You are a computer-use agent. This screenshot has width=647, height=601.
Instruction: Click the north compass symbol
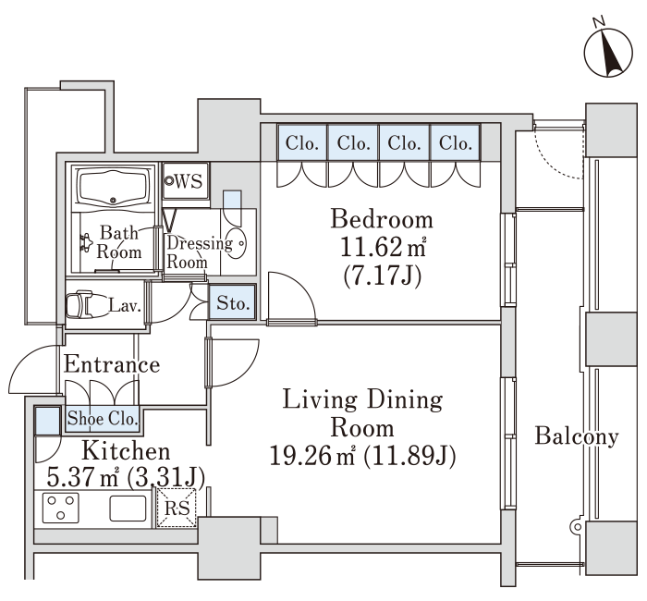click(x=608, y=53)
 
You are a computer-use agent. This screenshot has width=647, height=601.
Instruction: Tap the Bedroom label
click(x=382, y=219)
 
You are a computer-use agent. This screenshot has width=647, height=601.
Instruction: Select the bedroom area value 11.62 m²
click(x=383, y=247)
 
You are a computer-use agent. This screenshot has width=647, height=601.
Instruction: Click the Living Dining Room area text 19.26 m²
click(x=312, y=456)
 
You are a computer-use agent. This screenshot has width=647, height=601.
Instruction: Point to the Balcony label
click(x=577, y=436)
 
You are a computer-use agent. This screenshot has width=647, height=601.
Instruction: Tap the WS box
click(x=186, y=181)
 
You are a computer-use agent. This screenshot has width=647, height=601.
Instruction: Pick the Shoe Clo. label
click(x=103, y=419)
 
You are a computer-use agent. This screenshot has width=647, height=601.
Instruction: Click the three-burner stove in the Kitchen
click(x=61, y=508)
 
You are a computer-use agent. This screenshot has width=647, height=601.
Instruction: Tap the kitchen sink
click(x=128, y=509)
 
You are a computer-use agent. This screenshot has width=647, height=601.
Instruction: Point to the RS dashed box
click(x=177, y=508)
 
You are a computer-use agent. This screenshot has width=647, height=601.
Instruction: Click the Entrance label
click(x=112, y=364)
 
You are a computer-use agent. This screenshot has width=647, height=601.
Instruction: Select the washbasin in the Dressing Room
click(x=237, y=243)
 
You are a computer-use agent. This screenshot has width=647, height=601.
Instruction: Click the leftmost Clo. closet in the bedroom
click(x=302, y=142)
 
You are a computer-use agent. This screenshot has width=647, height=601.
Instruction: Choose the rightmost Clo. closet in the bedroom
click(x=456, y=142)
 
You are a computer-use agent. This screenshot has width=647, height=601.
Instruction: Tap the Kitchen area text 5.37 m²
click(x=82, y=478)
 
